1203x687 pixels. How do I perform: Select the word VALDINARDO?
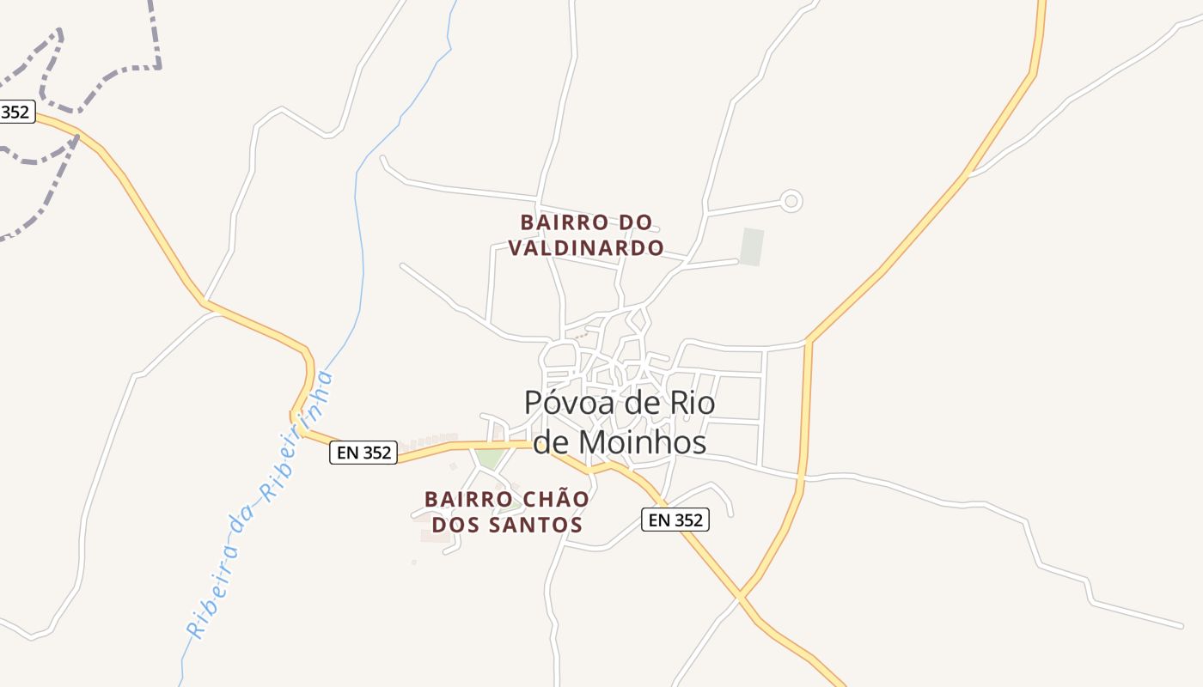coord(586,248)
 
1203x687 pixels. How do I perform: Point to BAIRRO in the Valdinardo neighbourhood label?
coord(557,222)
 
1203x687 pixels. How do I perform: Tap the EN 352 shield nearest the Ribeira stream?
coord(363,453)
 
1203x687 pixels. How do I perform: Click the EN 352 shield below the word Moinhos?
coord(675,520)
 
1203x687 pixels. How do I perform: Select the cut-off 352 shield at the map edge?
coord(16,112)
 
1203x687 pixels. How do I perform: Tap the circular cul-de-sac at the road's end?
coord(791,202)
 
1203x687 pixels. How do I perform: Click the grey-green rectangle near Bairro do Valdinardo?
coord(752,246)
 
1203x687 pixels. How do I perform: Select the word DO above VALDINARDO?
coord(636,222)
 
